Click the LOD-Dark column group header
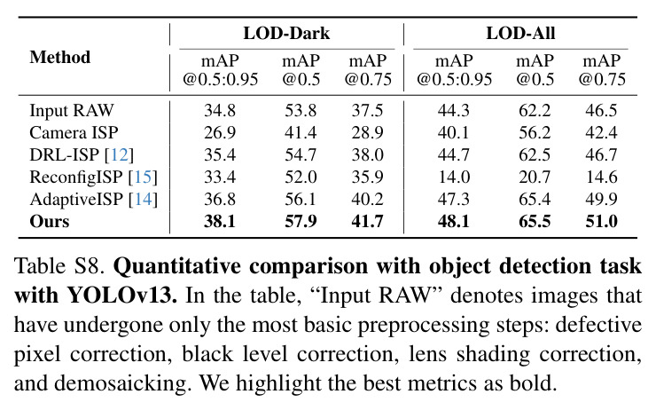pos(286,33)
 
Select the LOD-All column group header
pos(520,33)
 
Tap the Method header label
pos(59,58)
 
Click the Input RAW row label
pos(72,111)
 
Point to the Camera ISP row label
pos(74,133)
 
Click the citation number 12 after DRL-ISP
pos(120,155)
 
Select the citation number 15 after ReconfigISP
pos(143,177)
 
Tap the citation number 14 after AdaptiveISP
pos(143,200)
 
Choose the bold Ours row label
pos(50,222)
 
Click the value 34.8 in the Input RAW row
pos(220,111)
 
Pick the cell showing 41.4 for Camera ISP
pos(301,133)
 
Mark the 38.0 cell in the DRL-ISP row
pos(367,155)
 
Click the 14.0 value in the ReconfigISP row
pos(454,177)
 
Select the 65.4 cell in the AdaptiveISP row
pos(535,200)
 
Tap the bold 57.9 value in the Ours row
pos(301,222)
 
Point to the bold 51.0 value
pos(602,222)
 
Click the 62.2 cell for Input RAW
pos(535,111)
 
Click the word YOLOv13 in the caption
pos(121,296)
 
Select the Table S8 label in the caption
pos(59,266)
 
